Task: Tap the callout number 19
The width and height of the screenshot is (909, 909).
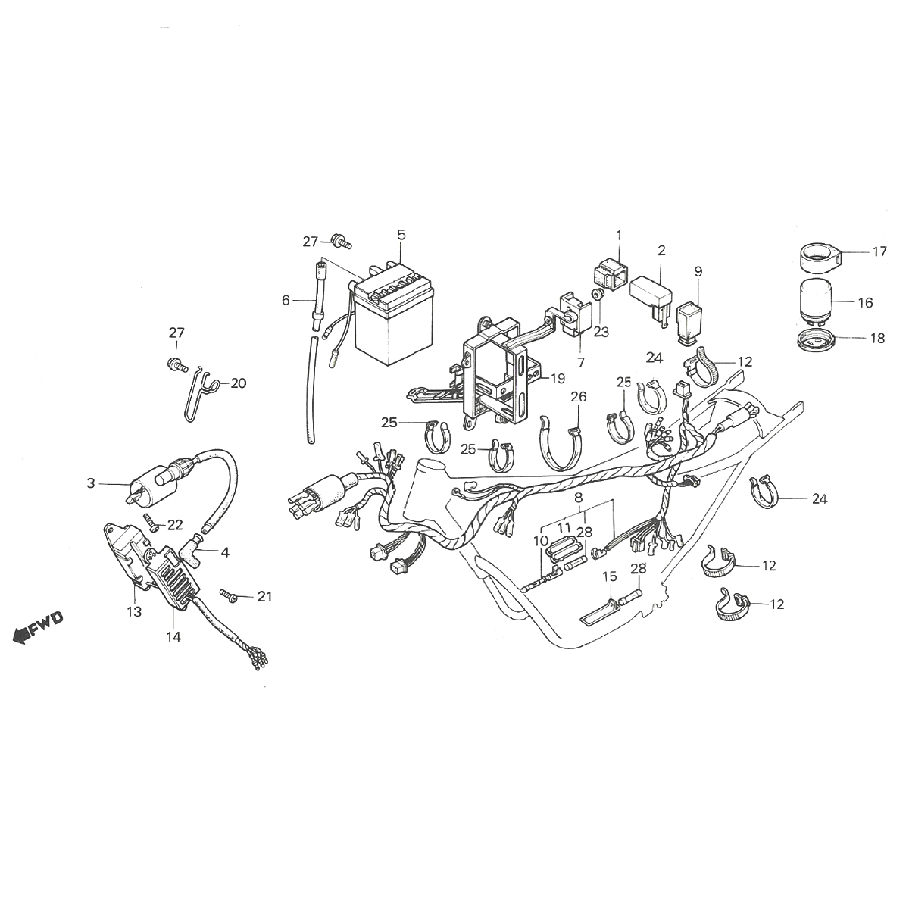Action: [558, 378]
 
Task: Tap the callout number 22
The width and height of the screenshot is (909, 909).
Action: [175, 525]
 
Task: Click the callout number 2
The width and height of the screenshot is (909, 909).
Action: [661, 250]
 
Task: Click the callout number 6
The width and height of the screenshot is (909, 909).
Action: [286, 300]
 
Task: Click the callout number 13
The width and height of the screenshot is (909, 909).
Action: [134, 612]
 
